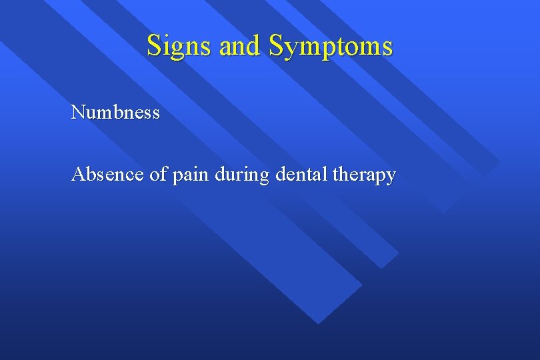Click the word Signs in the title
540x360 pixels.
pos(173,46)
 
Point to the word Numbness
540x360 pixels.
pos(115,112)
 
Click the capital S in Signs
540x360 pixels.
pos(154,46)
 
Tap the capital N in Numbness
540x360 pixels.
pos(78,112)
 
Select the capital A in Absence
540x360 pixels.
pos(78,175)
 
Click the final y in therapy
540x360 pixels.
pos(391,177)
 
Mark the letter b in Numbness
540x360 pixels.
pos(116,112)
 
